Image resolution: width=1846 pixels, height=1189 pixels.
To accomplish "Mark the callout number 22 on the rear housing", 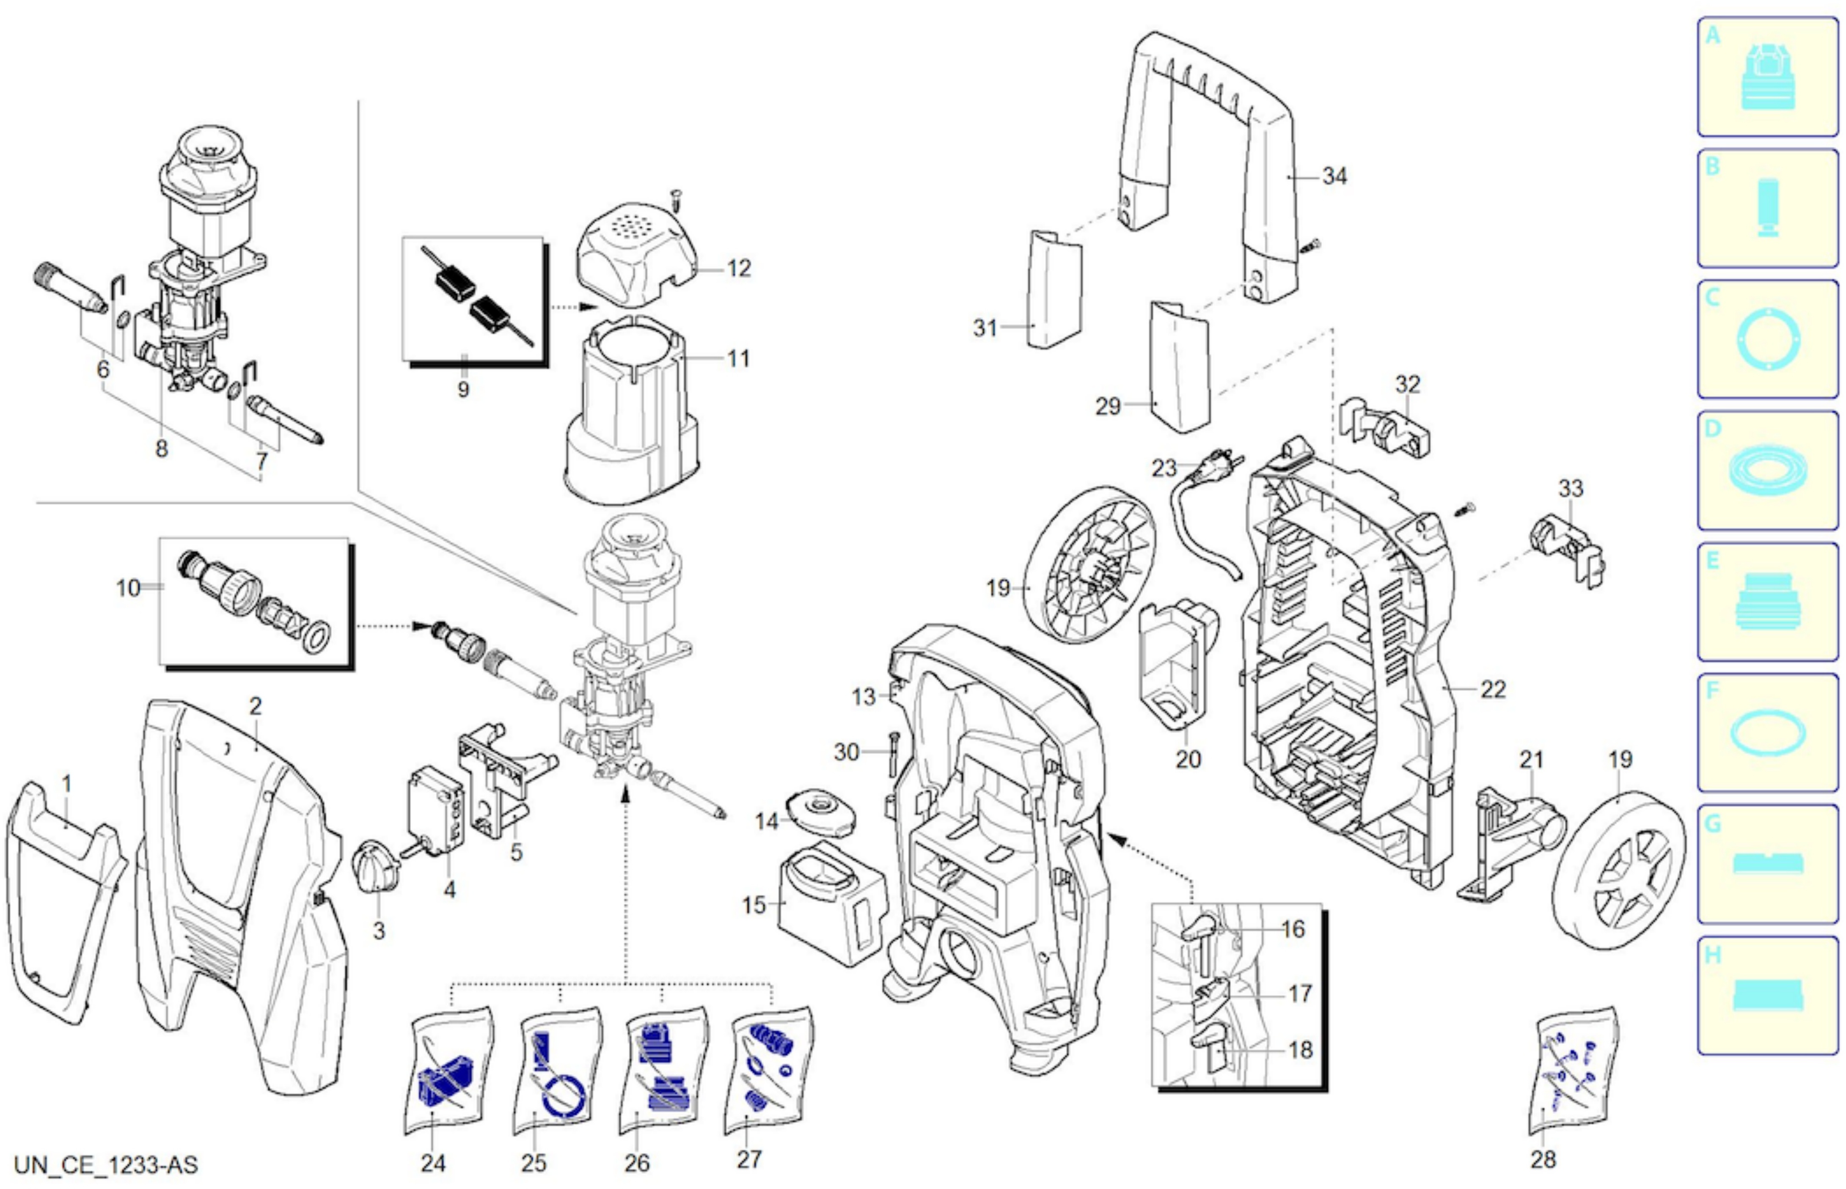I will click(1492, 689).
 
